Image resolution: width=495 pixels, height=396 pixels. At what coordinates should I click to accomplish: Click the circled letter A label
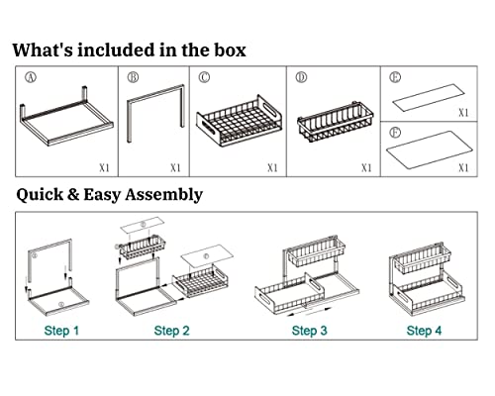tap(31, 77)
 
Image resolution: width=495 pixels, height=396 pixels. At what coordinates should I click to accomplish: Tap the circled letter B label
tap(133, 77)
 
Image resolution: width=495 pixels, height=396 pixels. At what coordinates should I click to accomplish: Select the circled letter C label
tap(204, 77)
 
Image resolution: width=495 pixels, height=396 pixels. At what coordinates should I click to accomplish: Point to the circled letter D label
tap(301, 77)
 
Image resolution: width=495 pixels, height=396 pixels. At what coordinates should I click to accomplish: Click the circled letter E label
tap(395, 77)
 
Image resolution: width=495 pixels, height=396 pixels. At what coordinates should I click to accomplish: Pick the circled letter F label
tap(395, 133)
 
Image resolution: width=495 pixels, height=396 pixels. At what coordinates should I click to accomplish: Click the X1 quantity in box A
tap(104, 168)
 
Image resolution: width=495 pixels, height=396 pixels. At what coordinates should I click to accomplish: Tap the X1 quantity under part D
tap(366, 168)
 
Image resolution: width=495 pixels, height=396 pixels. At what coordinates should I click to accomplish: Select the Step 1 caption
tap(61, 331)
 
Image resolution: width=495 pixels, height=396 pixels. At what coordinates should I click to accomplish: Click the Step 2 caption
tap(172, 331)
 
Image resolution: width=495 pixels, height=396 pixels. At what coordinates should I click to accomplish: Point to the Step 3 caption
tap(310, 331)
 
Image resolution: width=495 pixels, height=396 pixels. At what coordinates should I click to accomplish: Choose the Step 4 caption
tap(424, 331)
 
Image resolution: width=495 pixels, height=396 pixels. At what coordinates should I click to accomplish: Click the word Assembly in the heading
tap(163, 195)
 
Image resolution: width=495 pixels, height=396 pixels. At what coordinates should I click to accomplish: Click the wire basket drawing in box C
tap(240, 121)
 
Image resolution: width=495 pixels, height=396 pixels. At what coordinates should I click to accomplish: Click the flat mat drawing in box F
tap(430, 149)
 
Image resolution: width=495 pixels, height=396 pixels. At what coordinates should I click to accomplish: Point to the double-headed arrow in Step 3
tap(309, 312)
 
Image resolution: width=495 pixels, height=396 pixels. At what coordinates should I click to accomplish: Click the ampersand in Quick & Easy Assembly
tap(73, 194)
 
